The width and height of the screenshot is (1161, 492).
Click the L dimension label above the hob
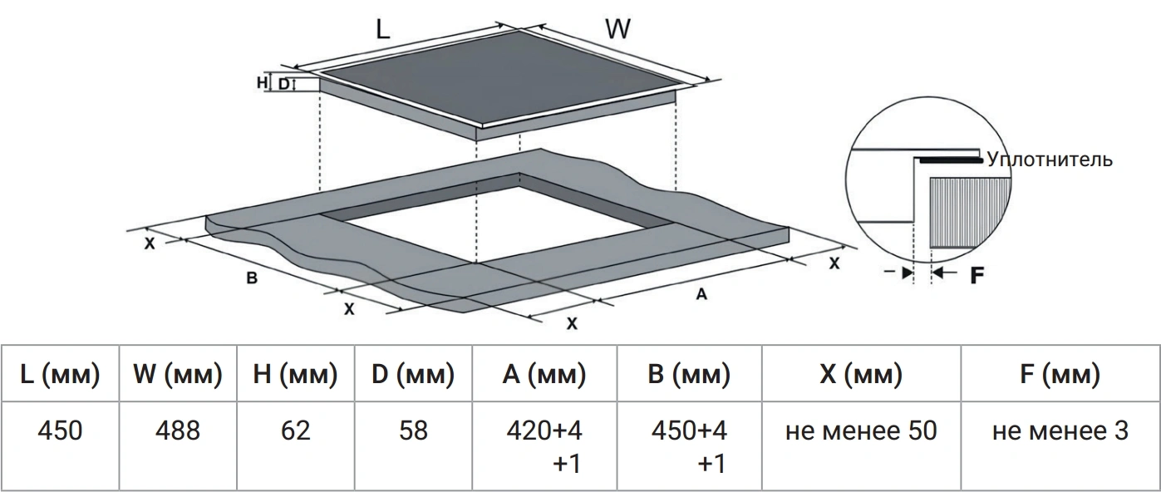pos(382,30)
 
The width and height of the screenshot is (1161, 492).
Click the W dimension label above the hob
pos(617,28)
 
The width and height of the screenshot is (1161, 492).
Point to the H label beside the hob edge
pos(263,82)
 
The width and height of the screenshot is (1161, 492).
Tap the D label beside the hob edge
pos(283,84)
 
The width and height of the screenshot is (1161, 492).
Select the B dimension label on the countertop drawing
pos(252,278)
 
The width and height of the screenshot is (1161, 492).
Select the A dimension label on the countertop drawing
pos(701,294)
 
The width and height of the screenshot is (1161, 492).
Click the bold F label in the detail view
pos(977,275)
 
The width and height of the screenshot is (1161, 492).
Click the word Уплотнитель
pos(1050,160)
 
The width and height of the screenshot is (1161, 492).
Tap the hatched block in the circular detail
pos(970,213)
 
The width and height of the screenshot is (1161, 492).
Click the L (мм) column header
pos(60,374)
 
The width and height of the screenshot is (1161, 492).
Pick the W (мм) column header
pos(178,374)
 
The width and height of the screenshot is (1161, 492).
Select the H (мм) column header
pos(295,374)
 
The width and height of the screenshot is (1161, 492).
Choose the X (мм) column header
pos(861,374)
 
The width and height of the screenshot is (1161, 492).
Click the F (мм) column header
pos(1060,374)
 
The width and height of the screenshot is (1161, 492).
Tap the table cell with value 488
pos(178,445)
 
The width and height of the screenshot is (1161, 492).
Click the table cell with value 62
pos(295,445)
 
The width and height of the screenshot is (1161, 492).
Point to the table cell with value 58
pos(413,445)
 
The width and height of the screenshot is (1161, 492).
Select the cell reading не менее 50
pos(861,445)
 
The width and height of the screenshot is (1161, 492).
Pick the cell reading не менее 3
pos(1060,445)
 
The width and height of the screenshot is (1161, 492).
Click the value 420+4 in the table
pos(544,430)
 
